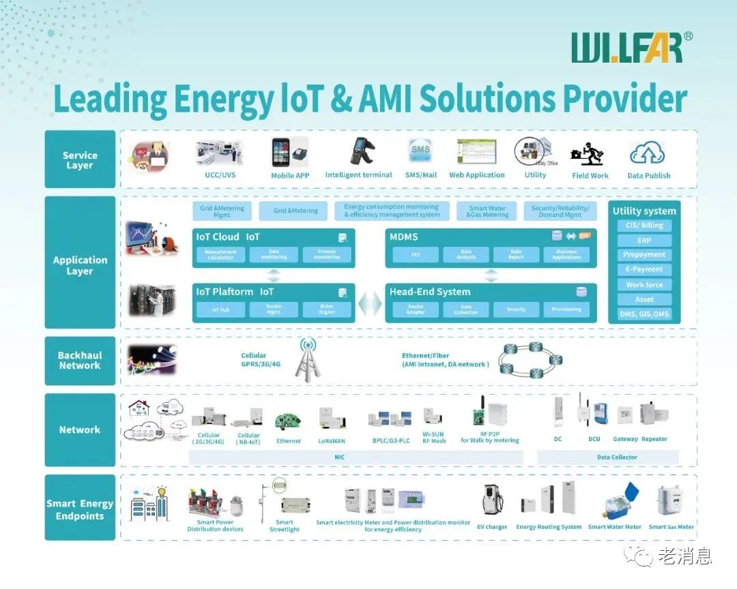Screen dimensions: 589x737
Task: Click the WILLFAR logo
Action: click(626, 48)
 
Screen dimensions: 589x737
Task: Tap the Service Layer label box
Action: click(80, 160)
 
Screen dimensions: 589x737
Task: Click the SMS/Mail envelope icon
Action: click(420, 151)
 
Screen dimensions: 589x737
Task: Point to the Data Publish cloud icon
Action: click(648, 153)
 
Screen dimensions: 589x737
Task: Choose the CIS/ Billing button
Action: click(644, 226)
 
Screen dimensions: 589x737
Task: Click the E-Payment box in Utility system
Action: click(644, 269)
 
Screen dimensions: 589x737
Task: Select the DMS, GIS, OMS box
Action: click(644, 314)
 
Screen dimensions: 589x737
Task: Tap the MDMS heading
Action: click(403, 237)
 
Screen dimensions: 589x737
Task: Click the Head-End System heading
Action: click(430, 292)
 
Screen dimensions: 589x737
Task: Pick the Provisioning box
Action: click(566, 309)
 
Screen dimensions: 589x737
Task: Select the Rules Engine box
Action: click(327, 309)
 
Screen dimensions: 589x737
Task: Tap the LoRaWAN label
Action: click(332, 441)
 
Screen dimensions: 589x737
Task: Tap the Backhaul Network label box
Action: click(80, 361)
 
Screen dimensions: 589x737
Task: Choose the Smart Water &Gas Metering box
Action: click(487, 211)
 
